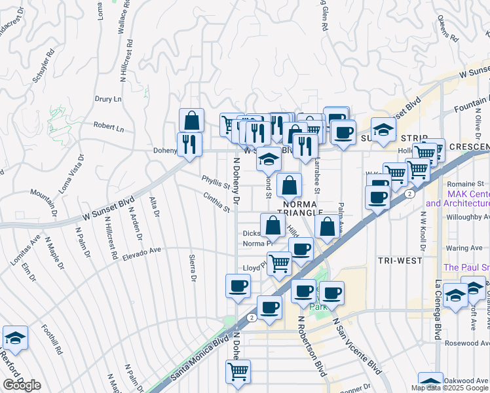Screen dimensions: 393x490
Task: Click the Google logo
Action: coord(22,385)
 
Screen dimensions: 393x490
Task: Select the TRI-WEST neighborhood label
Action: coord(400,260)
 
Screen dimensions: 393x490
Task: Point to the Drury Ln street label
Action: coord(108,100)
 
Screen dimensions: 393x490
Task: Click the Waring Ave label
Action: coord(465,248)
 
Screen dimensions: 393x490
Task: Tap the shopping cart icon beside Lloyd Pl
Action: coord(280,263)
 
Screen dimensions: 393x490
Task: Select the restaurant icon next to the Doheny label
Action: coord(189,143)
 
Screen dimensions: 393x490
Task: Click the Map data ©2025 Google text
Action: coord(449,387)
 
